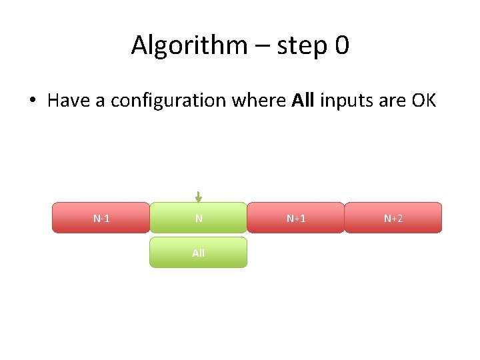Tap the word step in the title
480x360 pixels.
pyautogui.click(x=291, y=45)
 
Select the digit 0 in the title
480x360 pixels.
pyautogui.click(x=341, y=45)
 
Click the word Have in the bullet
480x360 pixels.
pyautogui.click(x=68, y=101)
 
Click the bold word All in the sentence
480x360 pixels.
pyautogui.click(x=304, y=101)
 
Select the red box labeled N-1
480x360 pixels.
pyautogui.click(x=101, y=217)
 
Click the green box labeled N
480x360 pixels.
pyautogui.click(x=198, y=217)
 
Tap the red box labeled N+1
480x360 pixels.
pyautogui.click(x=296, y=217)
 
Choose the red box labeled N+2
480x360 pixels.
pyautogui.click(x=393, y=217)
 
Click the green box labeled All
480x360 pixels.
pyautogui.click(x=198, y=253)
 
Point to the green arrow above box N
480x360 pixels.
pyautogui.click(x=198, y=197)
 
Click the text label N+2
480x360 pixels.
pyautogui.click(x=393, y=219)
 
